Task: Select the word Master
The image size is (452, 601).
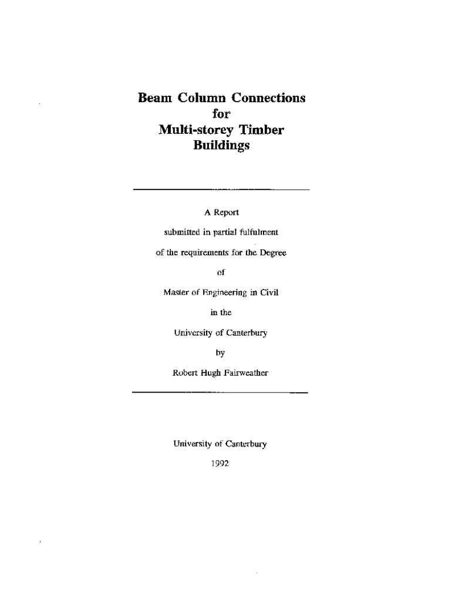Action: pyautogui.click(x=175, y=292)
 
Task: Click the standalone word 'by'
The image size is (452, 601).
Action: pyautogui.click(x=220, y=353)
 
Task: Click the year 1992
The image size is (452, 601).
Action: pyautogui.click(x=220, y=464)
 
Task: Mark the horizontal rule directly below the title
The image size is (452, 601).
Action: pyautogui.click(x=221, y=190)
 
